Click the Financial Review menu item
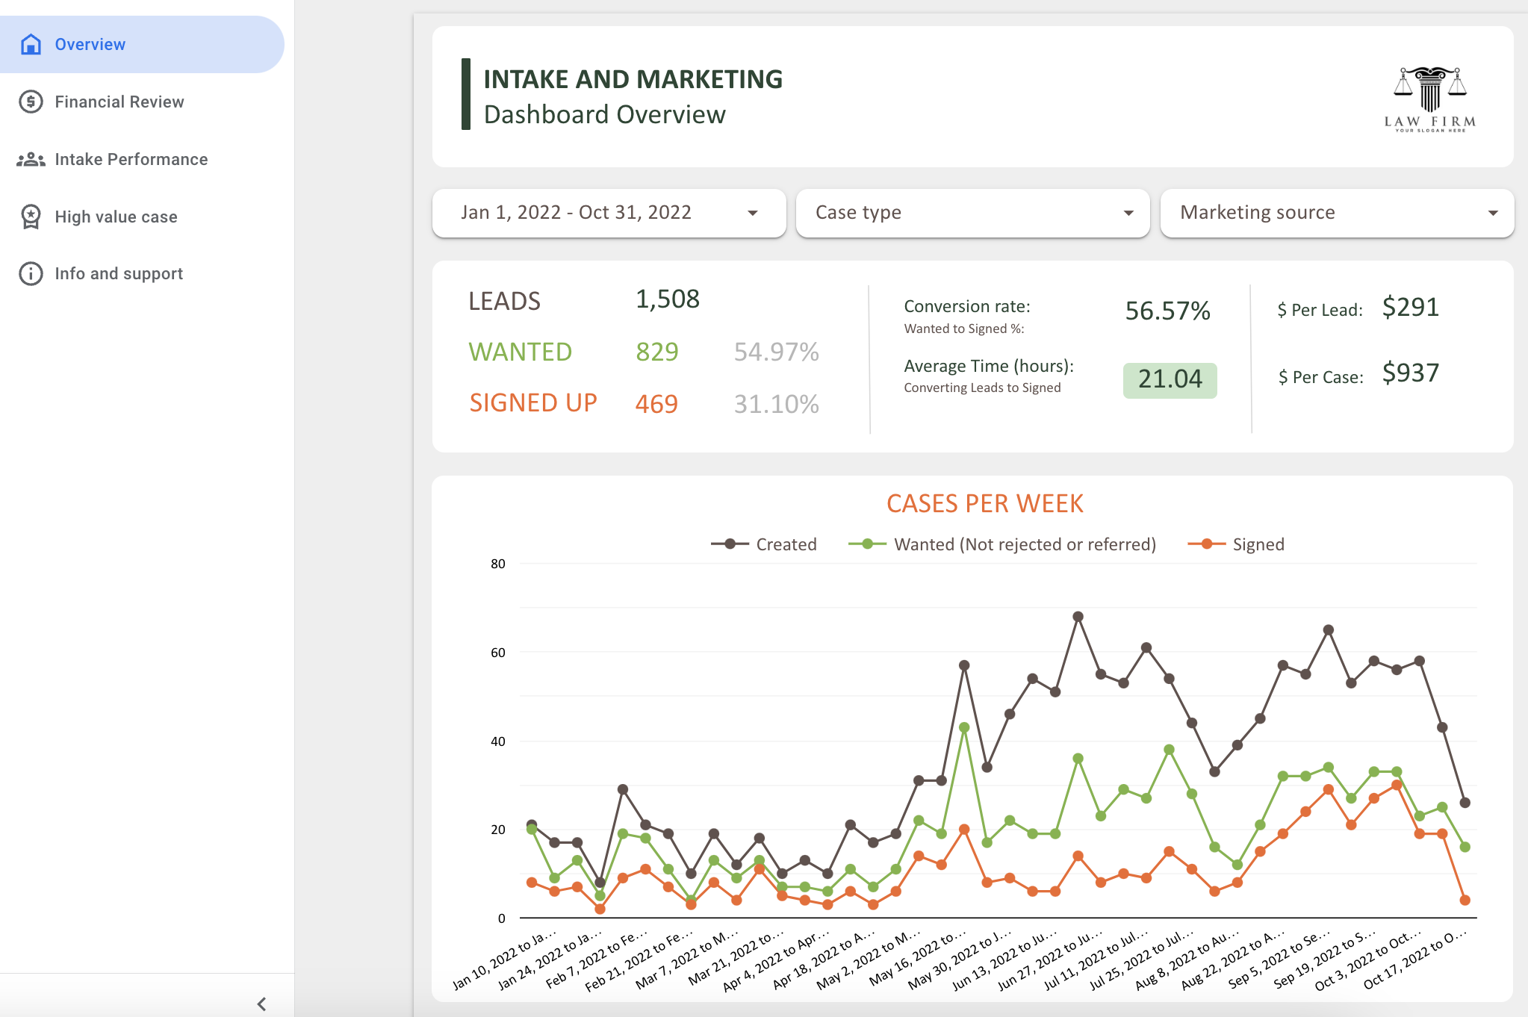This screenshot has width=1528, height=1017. pyautogui.click(x=119, y=102)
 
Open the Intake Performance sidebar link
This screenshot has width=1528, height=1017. pyautogui.click(x=131, y=159)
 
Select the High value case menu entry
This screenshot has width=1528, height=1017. pyautogui.click(x=116, y=217)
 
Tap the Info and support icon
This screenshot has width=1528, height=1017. pyautogui.click(x=31, y=274)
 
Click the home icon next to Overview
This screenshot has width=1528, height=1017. pyautogui.click(x=31, y=45)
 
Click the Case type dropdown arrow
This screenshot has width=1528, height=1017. pyautogui.click(x=1128, y=214)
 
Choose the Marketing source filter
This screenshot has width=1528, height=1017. pyautogui.click(x=1337, y=213)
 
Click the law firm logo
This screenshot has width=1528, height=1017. pyautogui.click(x=1429, y=99)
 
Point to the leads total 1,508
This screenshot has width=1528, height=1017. pyautogui.click(x=667, y=299)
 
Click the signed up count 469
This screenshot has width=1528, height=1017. pyautogui.click(x=656, y=404)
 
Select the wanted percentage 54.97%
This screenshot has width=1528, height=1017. pyautogui.click(x=776, y=352)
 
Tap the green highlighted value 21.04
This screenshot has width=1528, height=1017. pyautogui.click(x=1170, y=379)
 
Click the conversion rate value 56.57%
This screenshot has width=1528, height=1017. pyautogui.click(x=1167, y=311)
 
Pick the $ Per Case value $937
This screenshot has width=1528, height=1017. pyautogui.click(x=1410, y=373)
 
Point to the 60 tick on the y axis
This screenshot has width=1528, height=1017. pyautogui.click(x=497, y=653)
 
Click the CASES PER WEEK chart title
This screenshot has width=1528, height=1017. pyautogui.click(x=984, y=503)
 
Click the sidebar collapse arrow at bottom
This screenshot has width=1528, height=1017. pyautogui.click(x=261, y=1004)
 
